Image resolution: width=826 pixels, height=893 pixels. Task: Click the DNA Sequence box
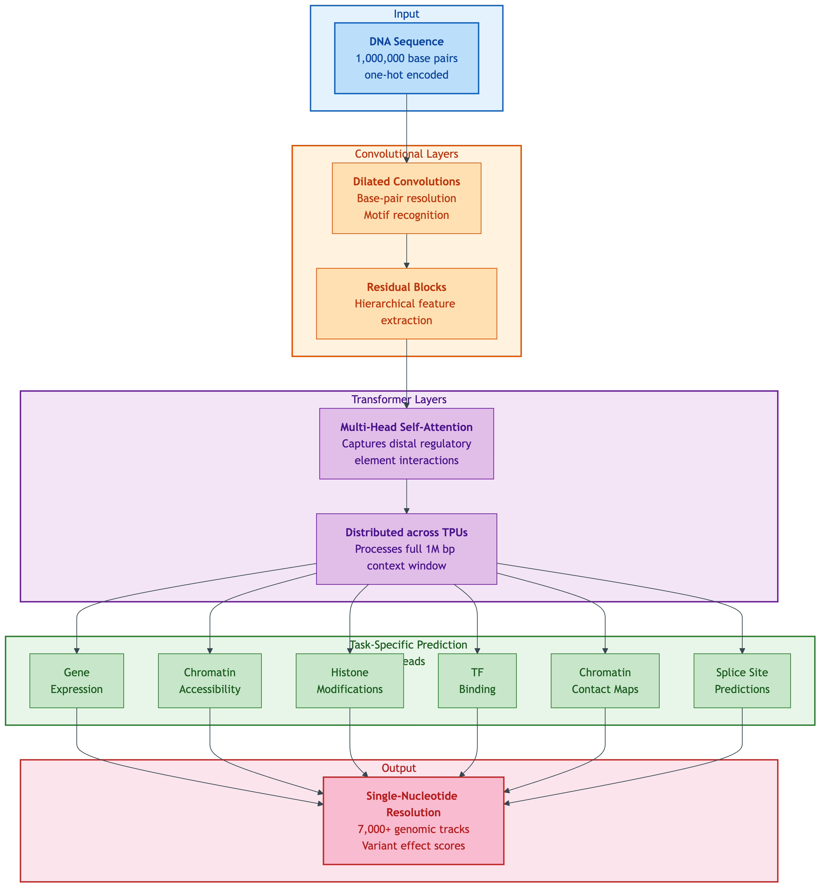coord(406,58)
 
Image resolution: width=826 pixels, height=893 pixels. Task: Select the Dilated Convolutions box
coord(406,198)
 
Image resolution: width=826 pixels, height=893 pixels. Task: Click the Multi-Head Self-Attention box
coord(406,443)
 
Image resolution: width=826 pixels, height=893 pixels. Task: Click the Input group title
coord(406,14)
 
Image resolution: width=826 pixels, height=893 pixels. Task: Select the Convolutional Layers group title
coord(406,154)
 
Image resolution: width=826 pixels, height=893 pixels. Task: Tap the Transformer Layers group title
coord(399,400)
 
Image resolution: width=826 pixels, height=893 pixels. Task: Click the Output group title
coord(399,768)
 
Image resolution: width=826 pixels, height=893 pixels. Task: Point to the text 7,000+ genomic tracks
coord(413,829)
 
